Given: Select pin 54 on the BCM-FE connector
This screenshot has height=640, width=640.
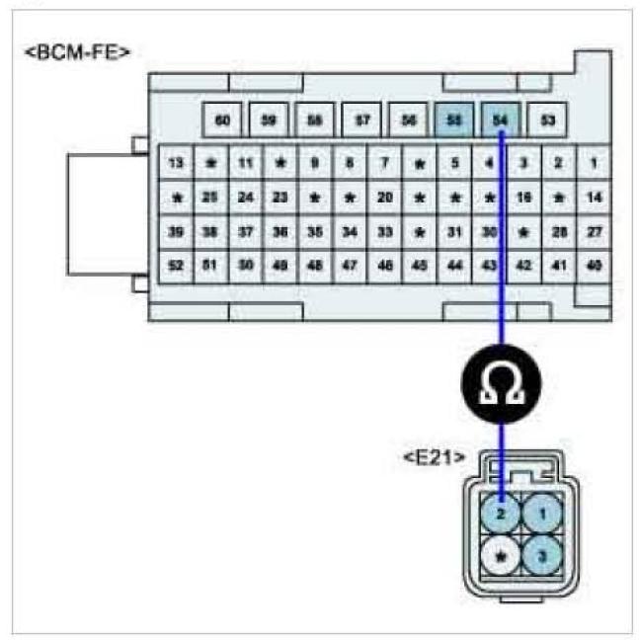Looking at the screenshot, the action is [500, 120].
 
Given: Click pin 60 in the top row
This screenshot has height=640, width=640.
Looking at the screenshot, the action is [222, 120].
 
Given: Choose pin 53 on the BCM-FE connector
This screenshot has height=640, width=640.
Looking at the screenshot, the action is [546, 120].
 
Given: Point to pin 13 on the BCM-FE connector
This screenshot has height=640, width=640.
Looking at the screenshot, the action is [176, 162].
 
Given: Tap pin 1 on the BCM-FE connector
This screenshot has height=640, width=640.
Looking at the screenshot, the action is [594, 162].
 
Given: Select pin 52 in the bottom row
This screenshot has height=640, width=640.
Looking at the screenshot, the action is [176, 267].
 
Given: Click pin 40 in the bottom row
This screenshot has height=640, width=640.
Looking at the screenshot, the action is [594, 267].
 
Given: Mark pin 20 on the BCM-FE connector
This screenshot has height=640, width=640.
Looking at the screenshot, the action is [385, 197].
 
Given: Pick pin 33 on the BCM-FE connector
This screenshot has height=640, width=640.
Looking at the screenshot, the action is [385, 232].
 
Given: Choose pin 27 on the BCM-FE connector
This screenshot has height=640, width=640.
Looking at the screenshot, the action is [594, 232].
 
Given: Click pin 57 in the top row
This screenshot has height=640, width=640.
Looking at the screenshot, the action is [361, 120].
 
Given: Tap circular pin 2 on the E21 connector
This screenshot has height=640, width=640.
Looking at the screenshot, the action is [502, 515].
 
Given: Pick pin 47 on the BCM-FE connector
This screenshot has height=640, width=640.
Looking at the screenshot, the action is [350, 267].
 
